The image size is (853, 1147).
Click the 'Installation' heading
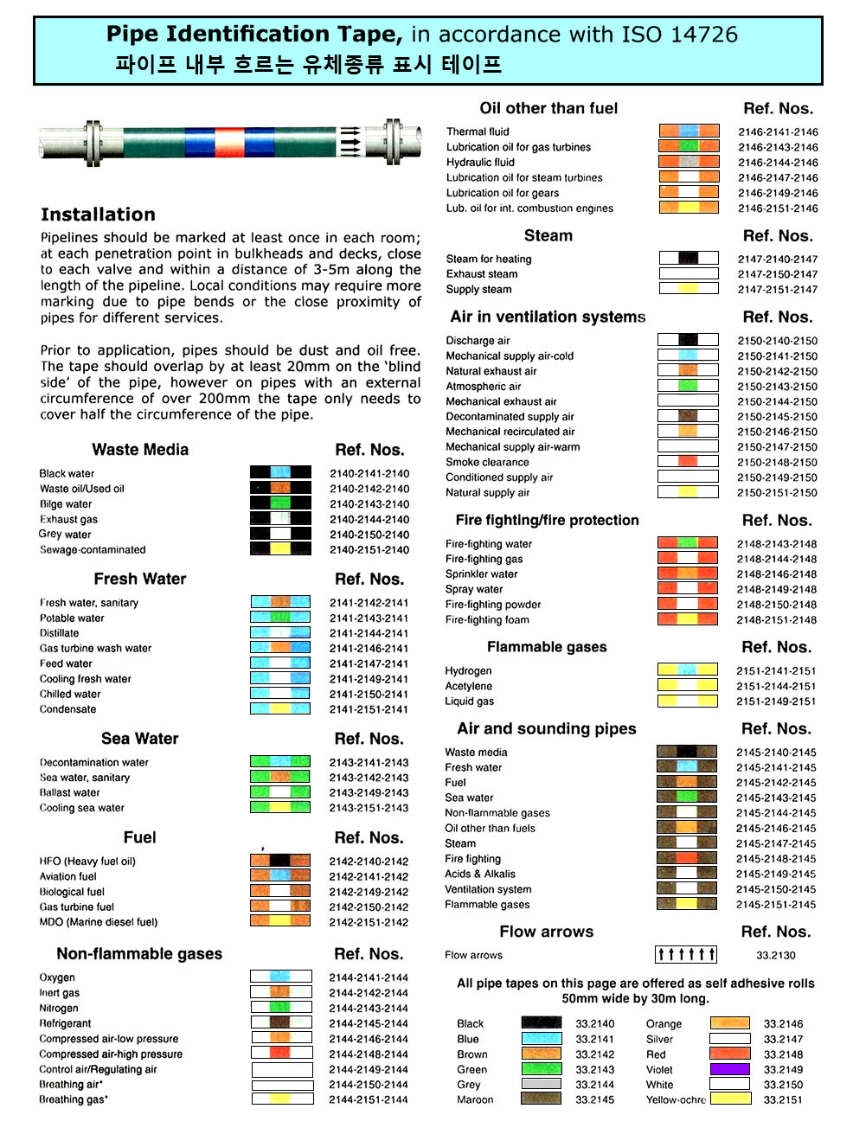pyautogui.click(x=98, y=215)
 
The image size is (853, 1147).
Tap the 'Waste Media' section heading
pyautogui.click(x=140, y=450)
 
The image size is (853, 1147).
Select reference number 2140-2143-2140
pyautogui.click(x=369, y=504)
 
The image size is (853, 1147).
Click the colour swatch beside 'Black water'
pyautogui.click(x=280, y=472)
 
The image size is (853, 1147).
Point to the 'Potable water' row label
pyautogui.click(x=72, y=618)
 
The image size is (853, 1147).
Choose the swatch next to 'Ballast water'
pyautogui.click(x=280, y=792)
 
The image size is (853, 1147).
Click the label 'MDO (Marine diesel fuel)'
pyautogui.click(x=99, y=922)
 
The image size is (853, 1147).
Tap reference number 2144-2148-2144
pyautogui.click(x=369, y=1054)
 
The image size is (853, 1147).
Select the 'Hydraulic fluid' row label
pyautogui.click(x=480, y=163)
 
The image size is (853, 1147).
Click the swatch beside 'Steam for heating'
pyautogui.click(x=689, y=258)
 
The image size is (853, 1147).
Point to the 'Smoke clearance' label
pyautogui.click(x=487, y=462)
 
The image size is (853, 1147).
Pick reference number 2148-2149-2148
pyautogui.click(x=776, y=590)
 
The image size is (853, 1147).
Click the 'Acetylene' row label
pyautogui.click(x=468, y=686)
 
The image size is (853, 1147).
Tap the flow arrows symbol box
pyautogui.click(x=686, y=954)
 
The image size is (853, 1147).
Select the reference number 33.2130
pyautogui.click(x=776, y=955)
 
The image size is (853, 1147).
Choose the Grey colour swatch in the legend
pyautogui.click(x=542, y=1084)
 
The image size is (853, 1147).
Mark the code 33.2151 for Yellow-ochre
pyautogui.click(x=783, y=1100)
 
